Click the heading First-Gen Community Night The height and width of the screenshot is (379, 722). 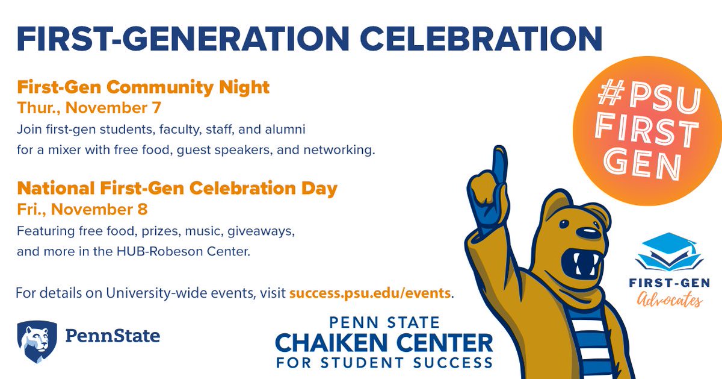143,87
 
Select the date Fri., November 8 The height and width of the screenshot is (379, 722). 82,210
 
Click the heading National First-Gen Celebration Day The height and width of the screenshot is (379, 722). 177,188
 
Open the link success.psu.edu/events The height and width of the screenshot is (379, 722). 370,293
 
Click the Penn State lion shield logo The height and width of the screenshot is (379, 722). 37,341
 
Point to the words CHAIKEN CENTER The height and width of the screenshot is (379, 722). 384,343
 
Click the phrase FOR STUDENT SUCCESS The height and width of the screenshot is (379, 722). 384,363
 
